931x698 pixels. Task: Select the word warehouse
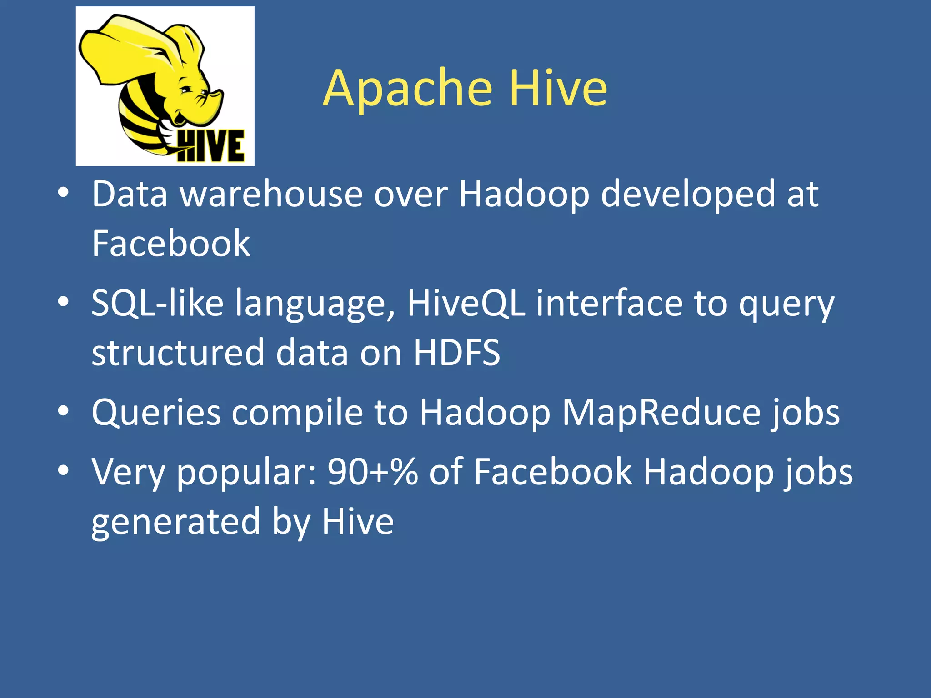pyautogui.click(x=271, y=194)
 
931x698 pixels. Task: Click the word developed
pyautogui.click(x=688, y=194)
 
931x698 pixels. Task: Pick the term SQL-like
pyautogui.click(x=157, y=303)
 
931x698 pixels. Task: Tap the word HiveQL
pyautogui.click(x=466, y=303)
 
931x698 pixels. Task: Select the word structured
pyautogui.click(x=178, y=353)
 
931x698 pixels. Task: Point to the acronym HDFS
pyautogui.click(x=456, y=353)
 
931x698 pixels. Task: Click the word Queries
pyautogui.click(x=156, y=413)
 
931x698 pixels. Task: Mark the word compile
pyautogui.click(x=297, y=413)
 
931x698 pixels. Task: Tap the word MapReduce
pyautogui.click(x=661, y=413)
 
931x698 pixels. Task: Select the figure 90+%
pyautogui.click(x=373, y=472)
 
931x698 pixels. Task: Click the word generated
pyautogui.click(x=176, y=522)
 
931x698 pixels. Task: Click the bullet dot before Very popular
pyautogui.click(x=63, y=470)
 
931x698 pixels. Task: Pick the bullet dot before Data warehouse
pyautogui.click(x=63, y=193)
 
